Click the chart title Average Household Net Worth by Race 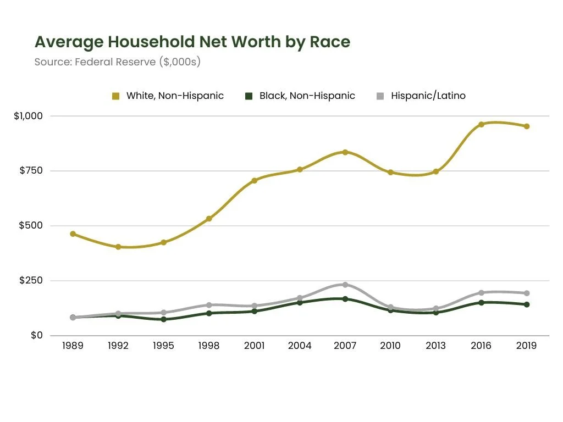[192, 42]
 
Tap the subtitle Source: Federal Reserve [117, 62]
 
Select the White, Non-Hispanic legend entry [168, 96]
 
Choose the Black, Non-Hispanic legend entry [300, 96]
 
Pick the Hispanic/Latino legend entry [421, 96]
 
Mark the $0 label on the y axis [36, 335]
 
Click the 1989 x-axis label [73, 346]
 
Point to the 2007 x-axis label [345, 346]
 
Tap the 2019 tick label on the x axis [526, 346]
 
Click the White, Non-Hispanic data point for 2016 [481, 124]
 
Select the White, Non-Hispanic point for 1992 [118, 247]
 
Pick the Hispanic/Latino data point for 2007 [345, 285]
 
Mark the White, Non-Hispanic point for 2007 [345, 152]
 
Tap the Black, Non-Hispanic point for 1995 [164, 319]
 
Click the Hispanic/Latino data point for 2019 [526, 293]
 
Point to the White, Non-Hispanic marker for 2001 [255, 180]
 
